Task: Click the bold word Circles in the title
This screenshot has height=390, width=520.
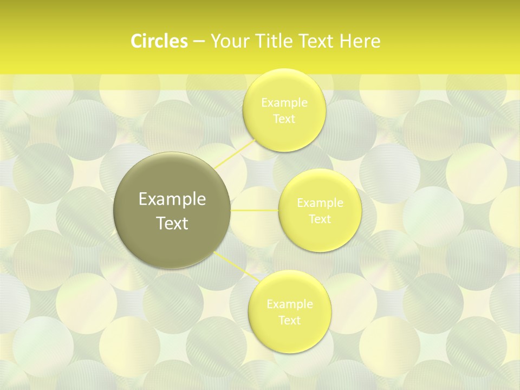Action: click(x=159, y=41)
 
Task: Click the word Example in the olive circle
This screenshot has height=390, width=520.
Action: click(x=172, y=199)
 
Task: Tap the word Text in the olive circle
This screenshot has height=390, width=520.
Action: click(x=172, y=223)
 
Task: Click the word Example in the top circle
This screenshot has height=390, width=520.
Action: click(x=284, y=102)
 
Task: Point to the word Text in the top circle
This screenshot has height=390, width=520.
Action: click(x=284, y=119)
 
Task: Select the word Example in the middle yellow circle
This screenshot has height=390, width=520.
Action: click(x=320, y=203)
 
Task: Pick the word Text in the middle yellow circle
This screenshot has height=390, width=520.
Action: click(x=320, y=219)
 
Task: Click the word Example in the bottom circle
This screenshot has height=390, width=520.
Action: click(x=289, y=304)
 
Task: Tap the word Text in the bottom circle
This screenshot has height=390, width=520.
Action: click(x=289, y=320)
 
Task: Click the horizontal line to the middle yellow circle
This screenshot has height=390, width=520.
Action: click(x=255, y=210)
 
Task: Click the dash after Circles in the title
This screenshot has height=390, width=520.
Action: click(x=198, y=41)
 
